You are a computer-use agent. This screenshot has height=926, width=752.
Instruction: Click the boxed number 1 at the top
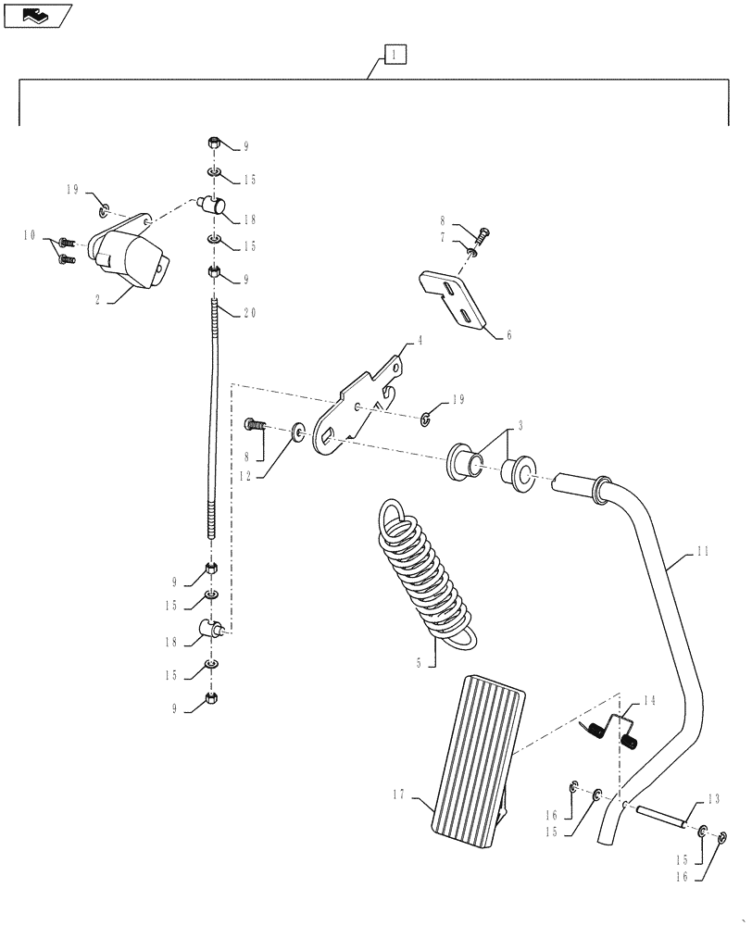pyautogui.click(x=395, y=56)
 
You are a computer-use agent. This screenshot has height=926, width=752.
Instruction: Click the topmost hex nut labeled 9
pyautogui.click(x=213, y=144)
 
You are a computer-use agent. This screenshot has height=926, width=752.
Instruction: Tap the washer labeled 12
pyautogui.click(x=299, y=431)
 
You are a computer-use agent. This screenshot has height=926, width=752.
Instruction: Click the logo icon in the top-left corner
pyautogui.click(x=36, y=14)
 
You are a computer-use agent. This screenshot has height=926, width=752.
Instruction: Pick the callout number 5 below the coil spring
pyautogui.click(x=420, y=662)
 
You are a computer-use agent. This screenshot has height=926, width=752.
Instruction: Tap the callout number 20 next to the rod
pyautogui.click(x=249, y=314)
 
